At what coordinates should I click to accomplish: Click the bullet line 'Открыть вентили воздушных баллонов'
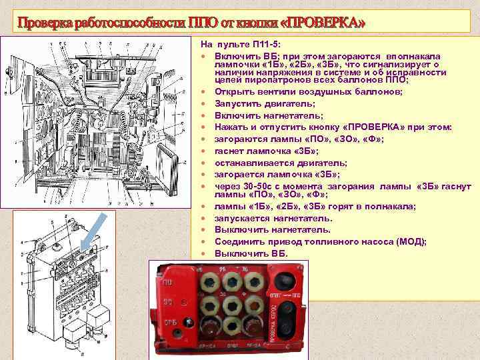[x=308, y=92]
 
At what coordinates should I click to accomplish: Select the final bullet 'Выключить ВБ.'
[x=251, y=253]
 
